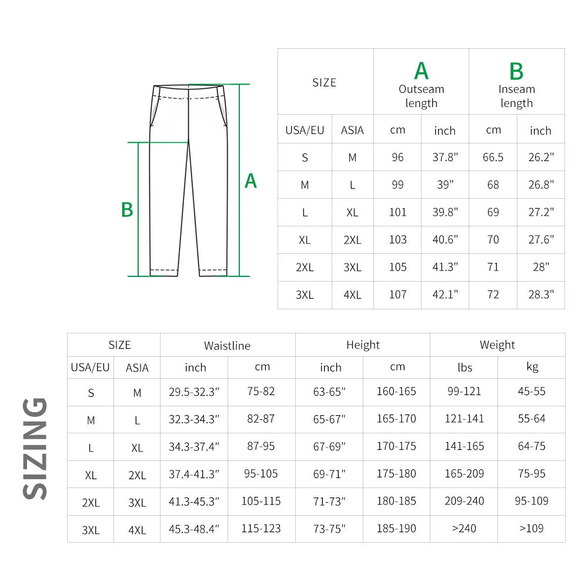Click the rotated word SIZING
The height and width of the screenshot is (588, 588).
coord(35,448)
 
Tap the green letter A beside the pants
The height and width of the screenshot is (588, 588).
coord(250,181)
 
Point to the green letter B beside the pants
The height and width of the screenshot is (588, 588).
coord(127,210)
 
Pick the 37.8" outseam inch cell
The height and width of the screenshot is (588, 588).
coord(445,158)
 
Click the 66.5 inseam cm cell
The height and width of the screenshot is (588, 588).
coord(493,158)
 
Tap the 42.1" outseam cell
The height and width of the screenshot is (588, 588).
coord(445,295)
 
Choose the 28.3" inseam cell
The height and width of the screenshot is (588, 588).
coord(540,295)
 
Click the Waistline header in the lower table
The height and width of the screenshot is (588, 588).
coord(227,346)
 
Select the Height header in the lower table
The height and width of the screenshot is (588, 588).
coord(363,345)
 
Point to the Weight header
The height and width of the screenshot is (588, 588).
coord(497,345)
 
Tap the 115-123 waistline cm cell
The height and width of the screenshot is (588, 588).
coord(261,529)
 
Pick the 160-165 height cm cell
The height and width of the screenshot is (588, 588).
coord(396,392)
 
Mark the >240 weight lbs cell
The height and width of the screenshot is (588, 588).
coord(464,529)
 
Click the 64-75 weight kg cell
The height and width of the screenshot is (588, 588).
coord(532,446)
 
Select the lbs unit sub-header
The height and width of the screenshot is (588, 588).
coord(465,367)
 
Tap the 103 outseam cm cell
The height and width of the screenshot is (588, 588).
coord(397,240)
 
